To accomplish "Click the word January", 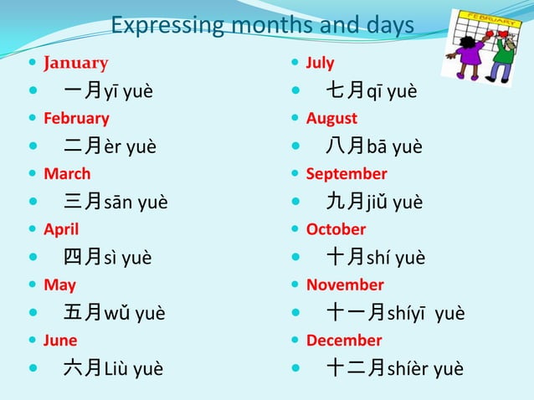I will pos(75,63).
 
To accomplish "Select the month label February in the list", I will pos(76,118).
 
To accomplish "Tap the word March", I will pos(67,174).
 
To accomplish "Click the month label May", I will pos(59,285).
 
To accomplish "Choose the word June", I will pos(60,340).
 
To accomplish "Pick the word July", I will pos(320,63).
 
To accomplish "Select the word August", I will pos(331,118).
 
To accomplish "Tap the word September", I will pos(347,174).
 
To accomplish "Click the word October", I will pos(336,229).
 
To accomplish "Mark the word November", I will pos(345,285).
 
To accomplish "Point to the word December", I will pos(344,340).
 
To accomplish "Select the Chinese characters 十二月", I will pos(356,367).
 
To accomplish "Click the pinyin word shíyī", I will pos(409,313).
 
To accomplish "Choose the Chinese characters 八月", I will pos(345,146).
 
